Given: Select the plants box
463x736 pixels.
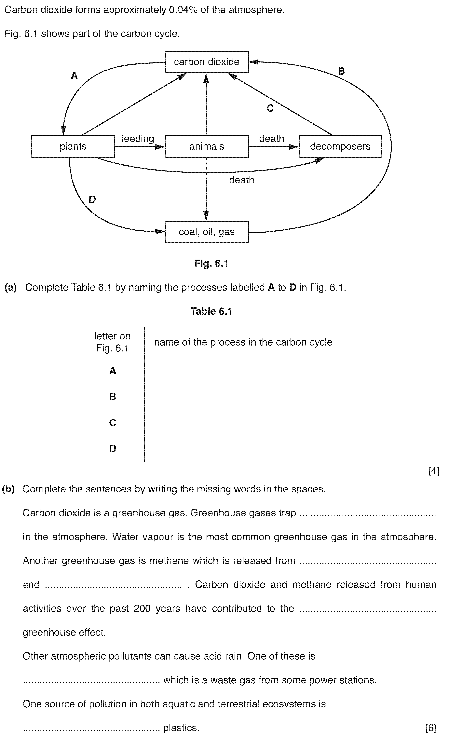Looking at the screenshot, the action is point(73,146).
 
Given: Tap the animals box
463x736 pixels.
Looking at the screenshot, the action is point(207,146).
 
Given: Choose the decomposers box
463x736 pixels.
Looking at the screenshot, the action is point(340,146).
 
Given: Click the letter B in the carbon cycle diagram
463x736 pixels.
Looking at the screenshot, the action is point(341,71).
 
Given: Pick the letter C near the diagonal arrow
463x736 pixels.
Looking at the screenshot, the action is point(270,108).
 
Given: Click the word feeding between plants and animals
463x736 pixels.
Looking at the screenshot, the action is point(138,139).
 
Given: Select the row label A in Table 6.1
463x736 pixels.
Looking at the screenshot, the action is point(112,371).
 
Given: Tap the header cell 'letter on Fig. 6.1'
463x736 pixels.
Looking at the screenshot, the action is point(112,342).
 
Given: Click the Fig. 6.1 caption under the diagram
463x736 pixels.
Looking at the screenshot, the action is point(211,264).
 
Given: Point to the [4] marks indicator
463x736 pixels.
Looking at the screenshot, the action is point(434,471).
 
